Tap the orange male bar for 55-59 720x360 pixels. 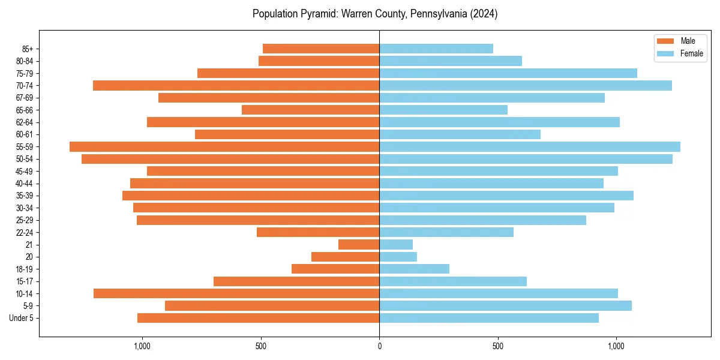[x=224, y=146]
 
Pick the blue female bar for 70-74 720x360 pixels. [x=526, y=85]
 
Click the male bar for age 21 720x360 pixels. [x=359, y=244]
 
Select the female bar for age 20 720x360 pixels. [x=398, y=257]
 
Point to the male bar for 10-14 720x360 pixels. [x=236, y=293]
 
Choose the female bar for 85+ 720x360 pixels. [x=436, y=49]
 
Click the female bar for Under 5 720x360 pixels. [x=489, y=318]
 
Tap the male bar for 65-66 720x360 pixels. [x=310, y=110]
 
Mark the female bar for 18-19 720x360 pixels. [x=414, y=269]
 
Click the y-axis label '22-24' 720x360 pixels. [x=25, y=232]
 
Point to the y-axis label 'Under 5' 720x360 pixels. [x=21, y=318]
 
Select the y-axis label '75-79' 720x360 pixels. [x=25, y=73]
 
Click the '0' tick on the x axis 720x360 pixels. [x=379, y=346]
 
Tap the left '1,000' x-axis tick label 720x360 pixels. [x=142, y=346]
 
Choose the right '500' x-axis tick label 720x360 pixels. [x=497, y=346]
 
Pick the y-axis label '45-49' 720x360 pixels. [x=25, y=171]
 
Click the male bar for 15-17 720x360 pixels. [x=296, y=281]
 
